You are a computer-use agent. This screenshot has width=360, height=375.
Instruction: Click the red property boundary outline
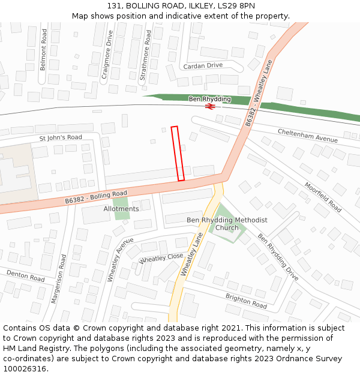click(x=178, y=154)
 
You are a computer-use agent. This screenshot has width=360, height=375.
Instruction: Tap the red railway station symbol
click(x=209, y=106)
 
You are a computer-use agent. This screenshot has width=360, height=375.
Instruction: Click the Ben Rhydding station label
click(x=209, y=98)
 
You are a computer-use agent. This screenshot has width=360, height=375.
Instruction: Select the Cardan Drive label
click(x=203, y=65)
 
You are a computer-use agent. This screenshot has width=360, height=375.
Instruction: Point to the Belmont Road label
click(x=43, y=50)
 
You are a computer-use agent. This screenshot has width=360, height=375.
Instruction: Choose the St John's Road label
click(x=61, y=137)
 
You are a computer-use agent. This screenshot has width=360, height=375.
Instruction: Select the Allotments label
click(x=121, y=209)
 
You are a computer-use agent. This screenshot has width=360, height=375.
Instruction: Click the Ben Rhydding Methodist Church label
click(x=227, y=224)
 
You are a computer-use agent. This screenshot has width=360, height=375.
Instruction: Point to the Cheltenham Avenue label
click(x=307, y=135)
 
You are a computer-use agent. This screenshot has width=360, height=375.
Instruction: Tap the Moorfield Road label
click(x=323, y=197)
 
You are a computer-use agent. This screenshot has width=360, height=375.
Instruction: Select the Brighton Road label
click(x=246, y=301)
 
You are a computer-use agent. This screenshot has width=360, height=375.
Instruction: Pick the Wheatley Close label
click(x=161, y=259)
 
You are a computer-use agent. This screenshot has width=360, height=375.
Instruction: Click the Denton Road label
click(x=25, y=276)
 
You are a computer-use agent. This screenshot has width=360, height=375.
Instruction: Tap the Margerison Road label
click(x=59, y=278)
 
